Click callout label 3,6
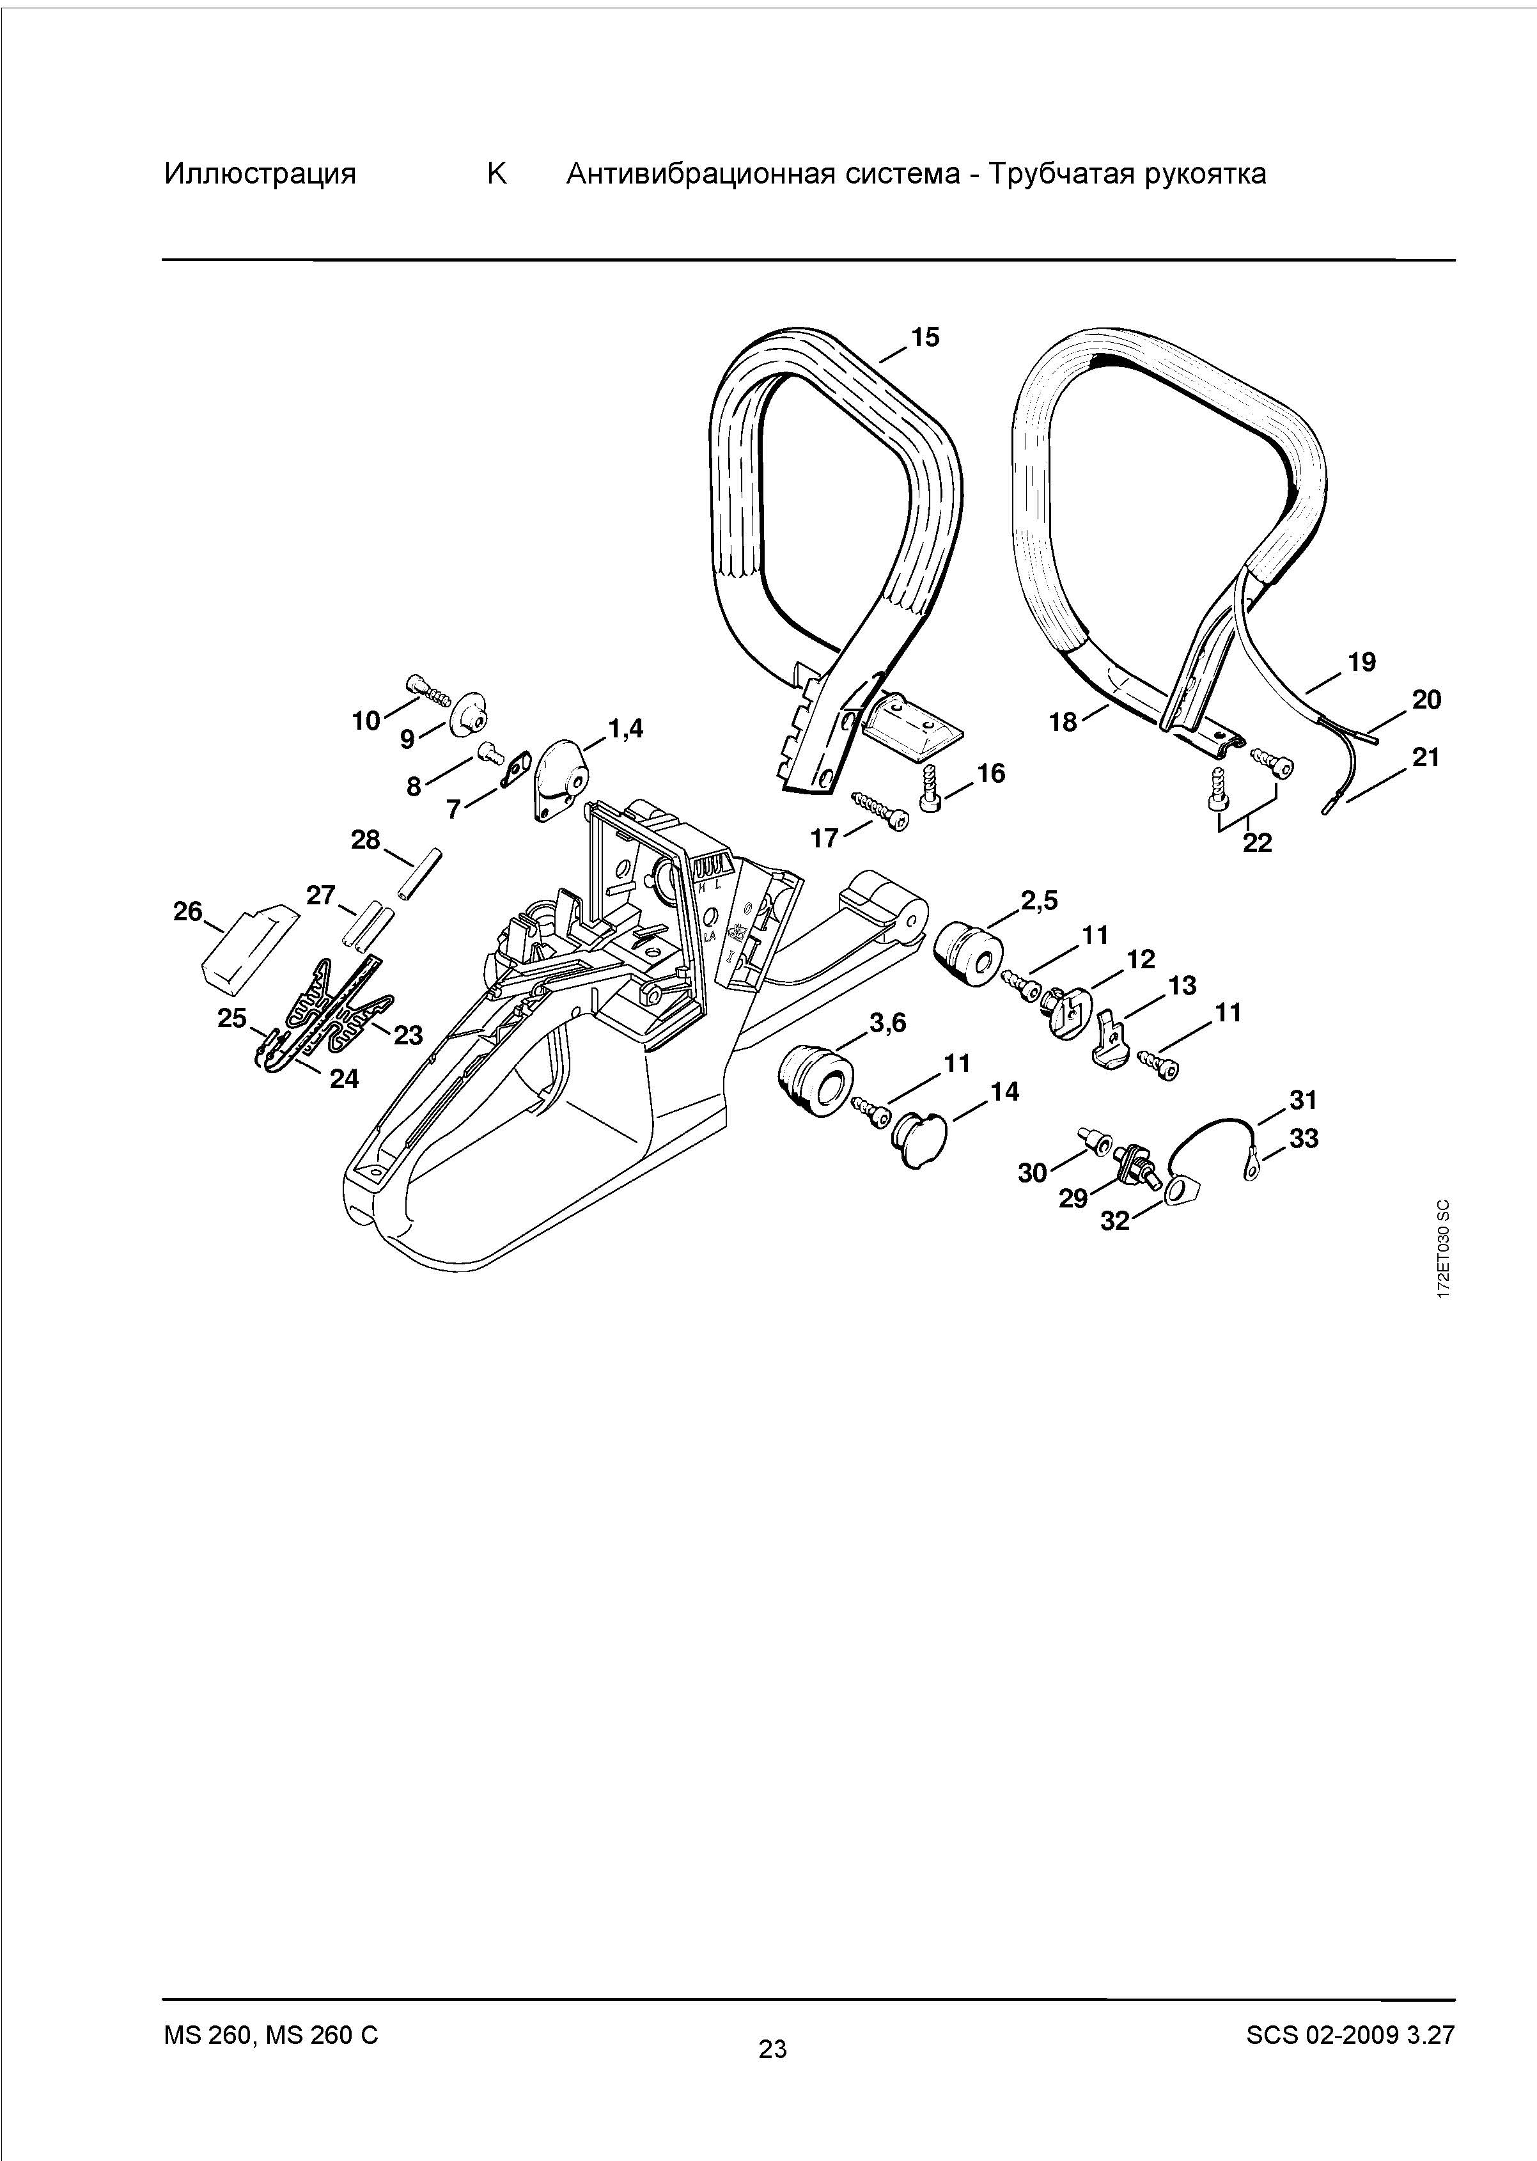tap(888, 1022)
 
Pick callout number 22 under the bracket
tap(1257, 842)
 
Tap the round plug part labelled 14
tap(914, 1139)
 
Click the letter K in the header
tap(497, 174)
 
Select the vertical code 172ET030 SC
tap(1442, 1250)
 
